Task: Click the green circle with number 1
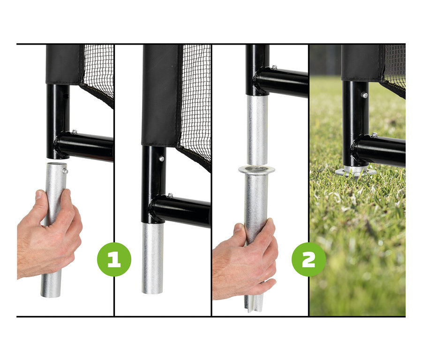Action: pos(114,259)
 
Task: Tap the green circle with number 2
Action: pos(309,259)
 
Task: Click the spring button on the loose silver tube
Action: pos(65,170)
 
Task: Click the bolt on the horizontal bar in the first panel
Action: pos(74,132)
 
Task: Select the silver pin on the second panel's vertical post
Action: pos(161,159)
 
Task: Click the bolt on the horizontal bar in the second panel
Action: pos(170,195)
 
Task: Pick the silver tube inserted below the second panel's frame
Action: pos(152,258)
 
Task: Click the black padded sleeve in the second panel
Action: pos(160,95)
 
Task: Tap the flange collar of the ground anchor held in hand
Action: pos(256,170)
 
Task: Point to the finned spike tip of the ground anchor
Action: pos(254,304)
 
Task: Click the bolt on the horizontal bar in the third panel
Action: pos(274,67)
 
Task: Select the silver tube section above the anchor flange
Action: pos(257,130)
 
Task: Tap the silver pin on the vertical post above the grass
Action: pos(364,95)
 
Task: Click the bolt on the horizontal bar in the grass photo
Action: pos(374,135)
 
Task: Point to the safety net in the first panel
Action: pos(98,74)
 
